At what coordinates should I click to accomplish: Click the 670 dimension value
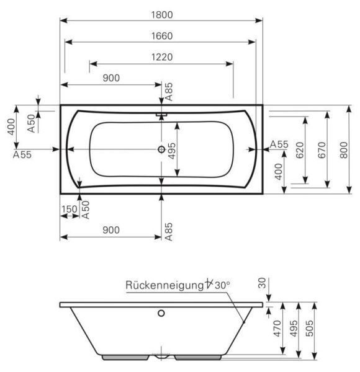321,149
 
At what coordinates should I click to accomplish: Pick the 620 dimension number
299,149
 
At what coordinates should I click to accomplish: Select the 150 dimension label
69,209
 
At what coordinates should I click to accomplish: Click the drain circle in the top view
162,149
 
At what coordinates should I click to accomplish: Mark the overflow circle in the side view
162,313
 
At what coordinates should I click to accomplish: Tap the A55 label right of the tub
279,144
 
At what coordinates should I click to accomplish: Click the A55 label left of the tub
22,154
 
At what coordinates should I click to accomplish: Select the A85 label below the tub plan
168,231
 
